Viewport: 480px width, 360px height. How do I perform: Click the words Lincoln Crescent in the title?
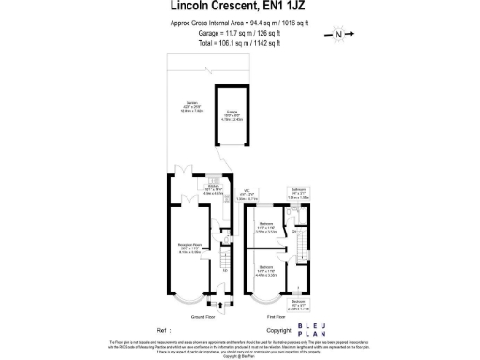(x=201, y=7)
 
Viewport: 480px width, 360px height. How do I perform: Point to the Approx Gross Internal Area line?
(x=239, y=22)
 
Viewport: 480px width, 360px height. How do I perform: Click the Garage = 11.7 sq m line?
(x=239, y=31)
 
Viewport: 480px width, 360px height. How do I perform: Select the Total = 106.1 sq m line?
(x=239, y=41)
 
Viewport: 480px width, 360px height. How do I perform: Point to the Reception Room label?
(x=191, y=249)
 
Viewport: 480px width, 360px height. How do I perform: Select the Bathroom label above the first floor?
(x=298, y=194)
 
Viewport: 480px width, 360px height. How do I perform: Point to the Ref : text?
(x=164, y=331)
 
